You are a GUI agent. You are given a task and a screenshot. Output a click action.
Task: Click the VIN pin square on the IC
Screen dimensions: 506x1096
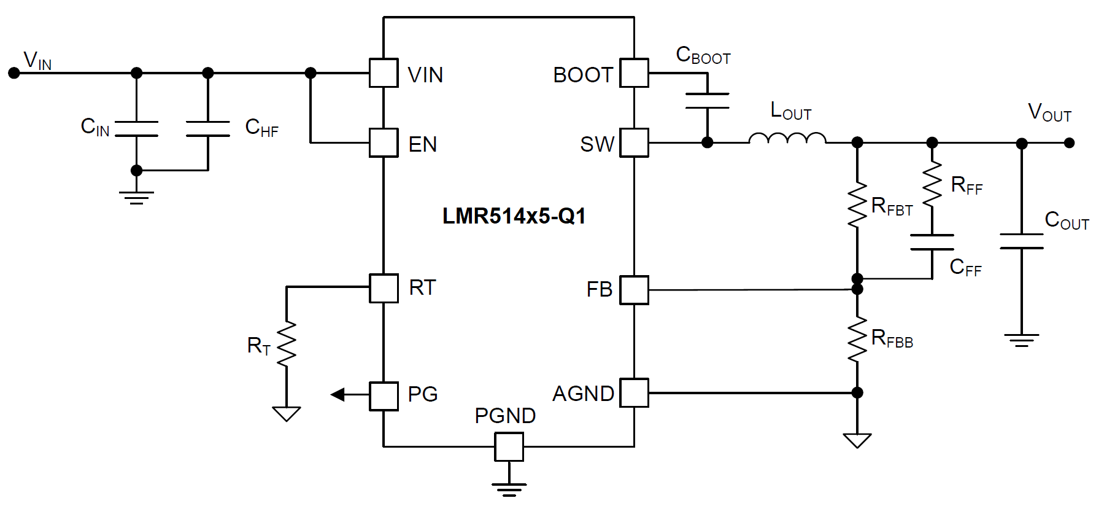(384, 73)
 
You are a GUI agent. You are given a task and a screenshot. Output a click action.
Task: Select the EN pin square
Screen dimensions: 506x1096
(384, 143)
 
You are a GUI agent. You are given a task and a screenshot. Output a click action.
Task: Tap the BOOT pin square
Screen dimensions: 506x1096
(634, 73)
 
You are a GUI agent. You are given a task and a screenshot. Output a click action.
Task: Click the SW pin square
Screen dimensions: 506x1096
(634, 143)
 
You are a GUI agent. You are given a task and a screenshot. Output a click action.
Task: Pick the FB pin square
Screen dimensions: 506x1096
(634, 290)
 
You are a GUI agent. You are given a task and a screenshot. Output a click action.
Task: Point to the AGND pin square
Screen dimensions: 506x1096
(634, 393)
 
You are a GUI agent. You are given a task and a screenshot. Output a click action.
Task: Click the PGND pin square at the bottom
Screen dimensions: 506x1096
(509, 447)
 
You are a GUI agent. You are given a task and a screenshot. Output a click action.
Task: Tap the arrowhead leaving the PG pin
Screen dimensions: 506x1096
(338, 394)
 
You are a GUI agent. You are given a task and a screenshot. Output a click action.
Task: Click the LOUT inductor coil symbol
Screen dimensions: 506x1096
(787, 139)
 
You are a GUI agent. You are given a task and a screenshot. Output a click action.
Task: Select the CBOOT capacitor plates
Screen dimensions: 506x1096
(707, 101)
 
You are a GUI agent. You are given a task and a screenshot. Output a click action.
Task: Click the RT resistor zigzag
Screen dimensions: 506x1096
(287, 344)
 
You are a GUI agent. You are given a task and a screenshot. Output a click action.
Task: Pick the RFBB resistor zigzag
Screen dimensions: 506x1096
(857, 340)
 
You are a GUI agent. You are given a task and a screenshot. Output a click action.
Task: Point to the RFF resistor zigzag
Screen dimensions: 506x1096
(932, 184)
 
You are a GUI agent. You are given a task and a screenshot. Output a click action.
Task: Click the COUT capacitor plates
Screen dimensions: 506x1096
(1021, 241)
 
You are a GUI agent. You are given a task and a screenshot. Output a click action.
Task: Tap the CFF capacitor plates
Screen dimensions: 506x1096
(932, 243)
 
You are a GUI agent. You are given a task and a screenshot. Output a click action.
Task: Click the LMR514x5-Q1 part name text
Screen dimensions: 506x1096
(514, 216)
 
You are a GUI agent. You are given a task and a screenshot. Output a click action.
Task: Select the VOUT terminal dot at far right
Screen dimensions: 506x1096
(1069, 143)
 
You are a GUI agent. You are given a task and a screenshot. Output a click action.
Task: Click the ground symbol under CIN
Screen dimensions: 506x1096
(136, 197)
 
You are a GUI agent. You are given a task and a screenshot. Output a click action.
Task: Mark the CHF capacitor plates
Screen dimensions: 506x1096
(208, 129)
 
